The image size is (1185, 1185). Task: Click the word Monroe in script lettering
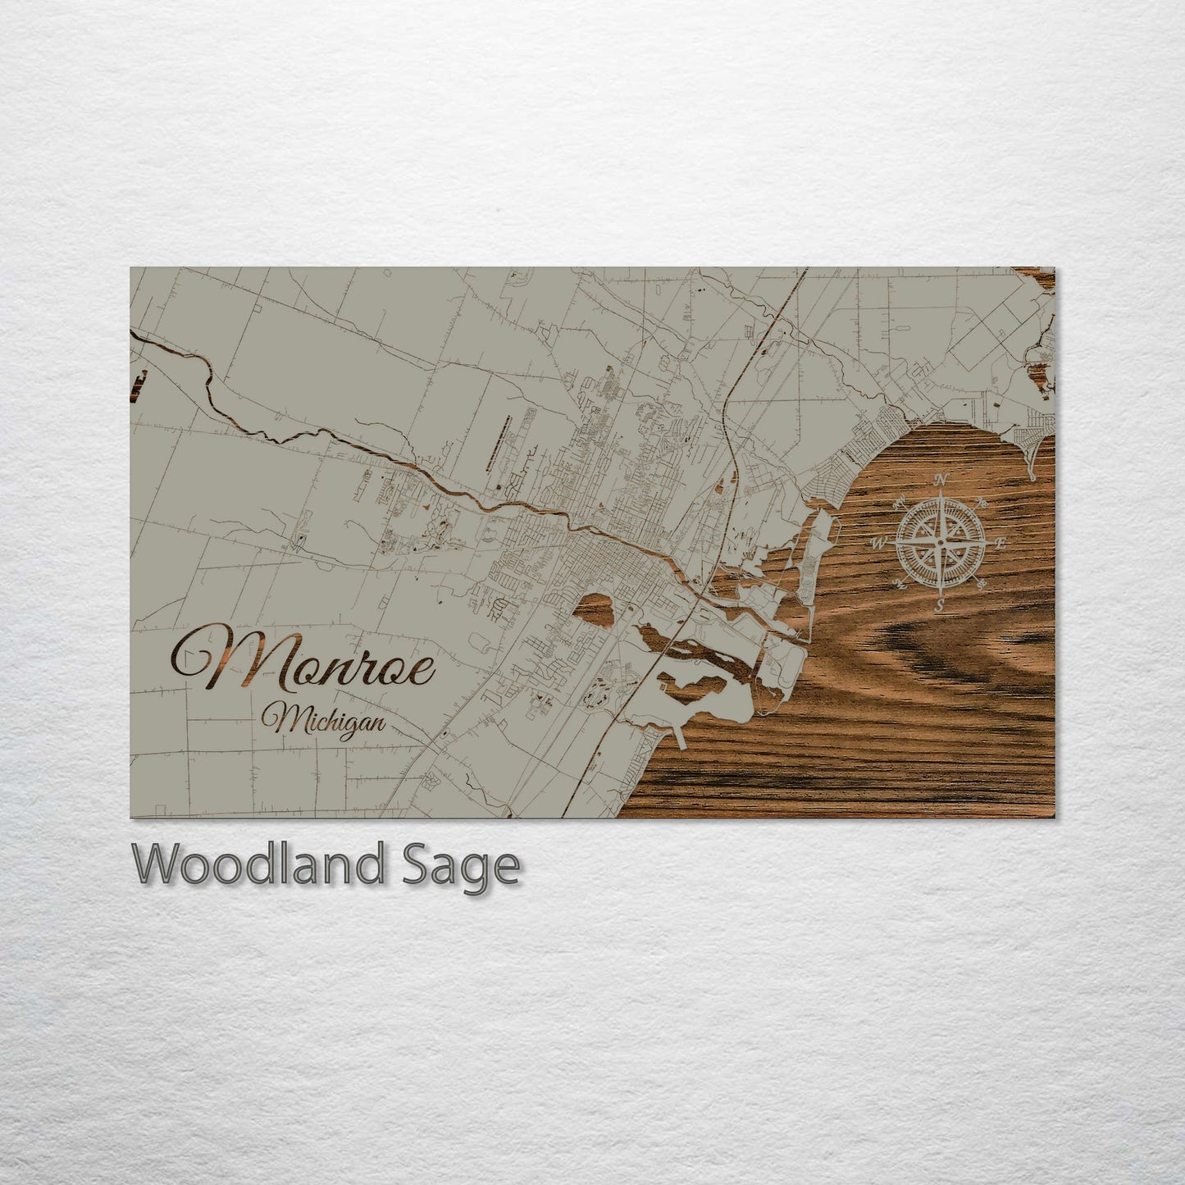click(x=303, y=656)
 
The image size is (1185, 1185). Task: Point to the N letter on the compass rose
click(x=941, y=481)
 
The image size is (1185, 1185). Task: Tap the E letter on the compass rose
click(x=1000, y=543)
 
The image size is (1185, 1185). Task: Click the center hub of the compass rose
click(x=941, y=542)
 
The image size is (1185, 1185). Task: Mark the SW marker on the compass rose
click(x=900, y=584)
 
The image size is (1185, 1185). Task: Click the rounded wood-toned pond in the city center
click(x=598, y=608)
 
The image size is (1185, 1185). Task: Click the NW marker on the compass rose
click(x=900, y=501)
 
